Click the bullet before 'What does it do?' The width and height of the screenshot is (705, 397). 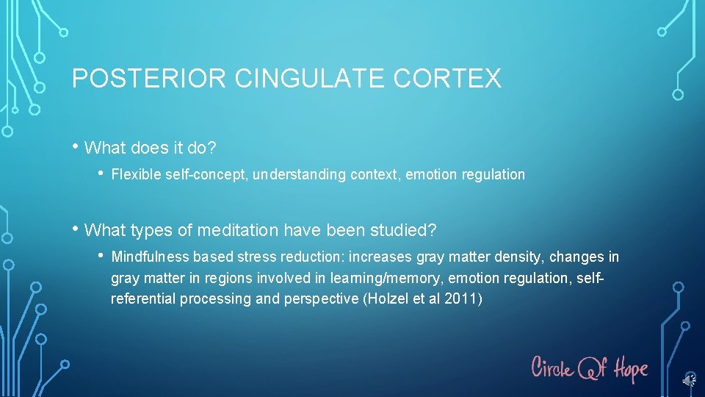[x=76, y=147]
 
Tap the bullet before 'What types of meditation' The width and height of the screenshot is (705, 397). [x=76, y=229]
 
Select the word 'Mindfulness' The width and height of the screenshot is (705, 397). [x=150, y=257]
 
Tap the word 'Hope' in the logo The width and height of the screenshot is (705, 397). [x=629, y=367]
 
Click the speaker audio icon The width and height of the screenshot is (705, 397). [x=688, y=380]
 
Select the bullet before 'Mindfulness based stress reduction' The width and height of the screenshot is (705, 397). [x=101, y=257]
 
